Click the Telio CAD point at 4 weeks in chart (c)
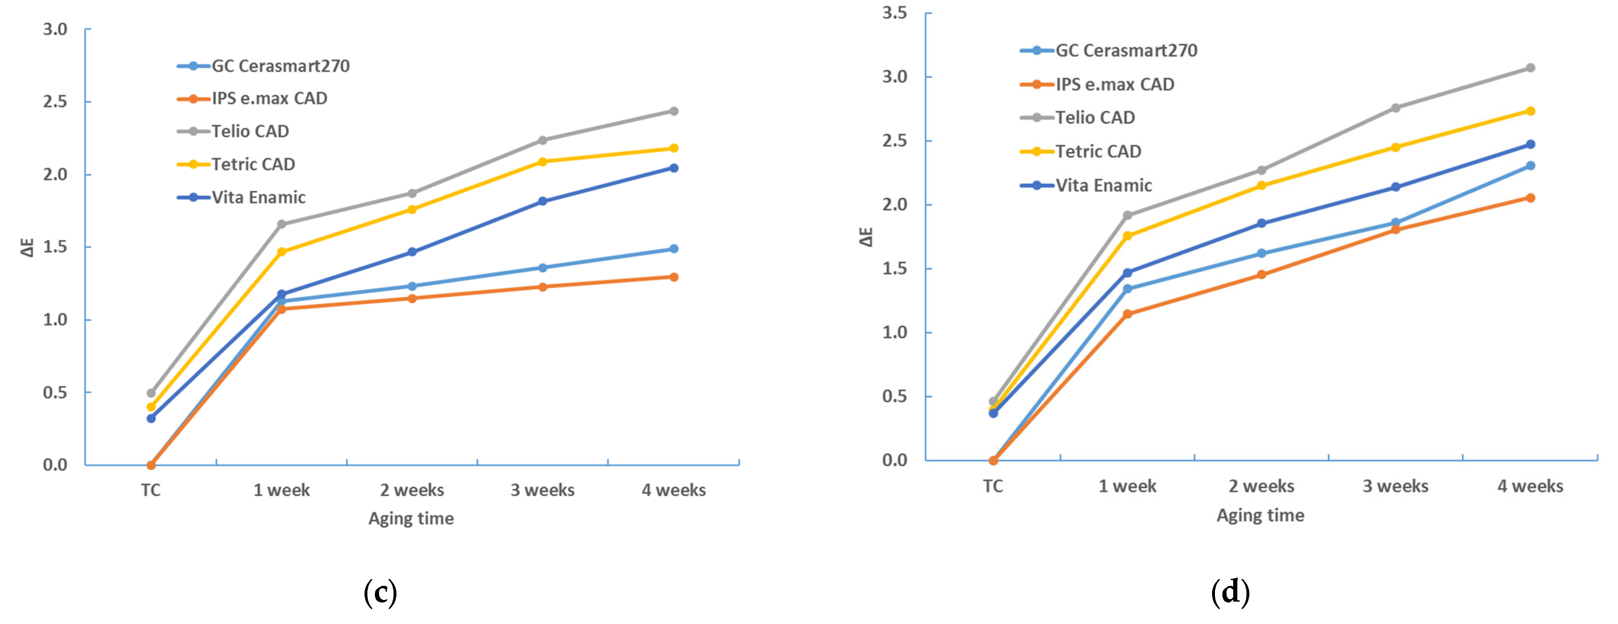(x=673, y=111)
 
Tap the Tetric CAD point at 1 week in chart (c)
(x=281, y=252)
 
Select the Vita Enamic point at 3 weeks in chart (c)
(x=543, y=201)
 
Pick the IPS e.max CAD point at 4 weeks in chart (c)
(x=673, y=277)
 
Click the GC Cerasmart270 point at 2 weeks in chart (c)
(x=412, y=286)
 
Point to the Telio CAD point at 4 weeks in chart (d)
(x=1530, y=68)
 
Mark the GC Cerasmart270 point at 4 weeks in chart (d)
(x=1530, y=166)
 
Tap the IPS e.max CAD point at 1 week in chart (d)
(x=1128, y=314)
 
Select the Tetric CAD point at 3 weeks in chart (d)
(x=1396, y=148)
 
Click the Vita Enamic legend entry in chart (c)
(x=258, y=197)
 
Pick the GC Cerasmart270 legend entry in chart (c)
(x=280, y=65)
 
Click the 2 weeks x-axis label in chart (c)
(x=412, y=490)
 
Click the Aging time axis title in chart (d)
(x=1260, y=515)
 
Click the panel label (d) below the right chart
(x=1230, y=592)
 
